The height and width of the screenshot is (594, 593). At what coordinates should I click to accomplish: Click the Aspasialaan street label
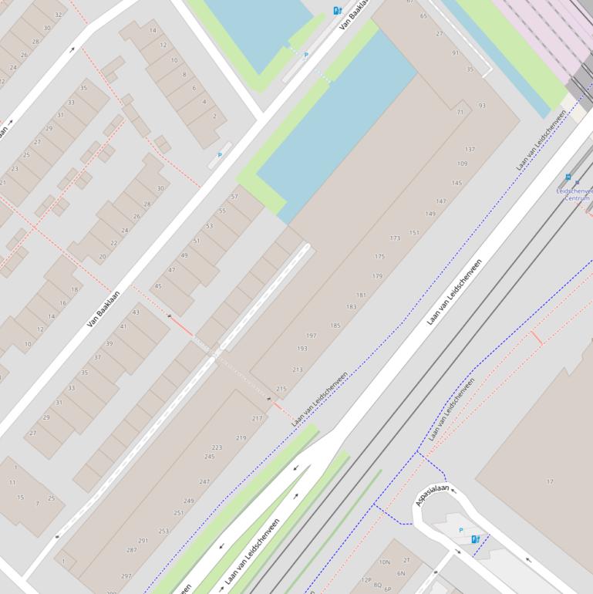point(432,494)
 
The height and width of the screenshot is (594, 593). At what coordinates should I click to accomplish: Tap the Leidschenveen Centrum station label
point(575,194)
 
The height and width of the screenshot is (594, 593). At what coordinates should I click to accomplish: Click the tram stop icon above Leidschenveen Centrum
point(568,177)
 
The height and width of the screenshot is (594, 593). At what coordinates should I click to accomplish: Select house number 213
point(298,370)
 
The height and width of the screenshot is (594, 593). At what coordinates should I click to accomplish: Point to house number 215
point(281,389)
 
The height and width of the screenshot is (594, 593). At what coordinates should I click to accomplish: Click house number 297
point(126,576)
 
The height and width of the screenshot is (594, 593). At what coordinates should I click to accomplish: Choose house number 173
point(395,238)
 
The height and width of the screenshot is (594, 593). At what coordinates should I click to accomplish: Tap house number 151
point(414,232)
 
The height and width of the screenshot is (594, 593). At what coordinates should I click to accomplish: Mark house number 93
point(482,105)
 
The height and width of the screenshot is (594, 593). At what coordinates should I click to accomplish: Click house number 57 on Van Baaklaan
point(234,197)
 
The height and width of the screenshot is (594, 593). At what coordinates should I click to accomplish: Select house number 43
point(136,312)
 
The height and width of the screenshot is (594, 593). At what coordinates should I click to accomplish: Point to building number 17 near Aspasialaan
point(550,481)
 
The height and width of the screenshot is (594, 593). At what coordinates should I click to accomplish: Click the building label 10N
point(384,562)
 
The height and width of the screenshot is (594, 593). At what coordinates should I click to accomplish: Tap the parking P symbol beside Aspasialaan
point(461,530)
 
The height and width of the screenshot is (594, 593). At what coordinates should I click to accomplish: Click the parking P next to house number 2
point(220,155)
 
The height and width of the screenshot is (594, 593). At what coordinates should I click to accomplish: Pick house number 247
point(204,481)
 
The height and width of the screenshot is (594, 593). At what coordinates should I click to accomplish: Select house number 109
point(462,164)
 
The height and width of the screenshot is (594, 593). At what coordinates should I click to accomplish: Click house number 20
point(102,256)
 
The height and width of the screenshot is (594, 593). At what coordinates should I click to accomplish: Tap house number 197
point(312,336)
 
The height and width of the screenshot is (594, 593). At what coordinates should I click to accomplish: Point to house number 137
point(470,149)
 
